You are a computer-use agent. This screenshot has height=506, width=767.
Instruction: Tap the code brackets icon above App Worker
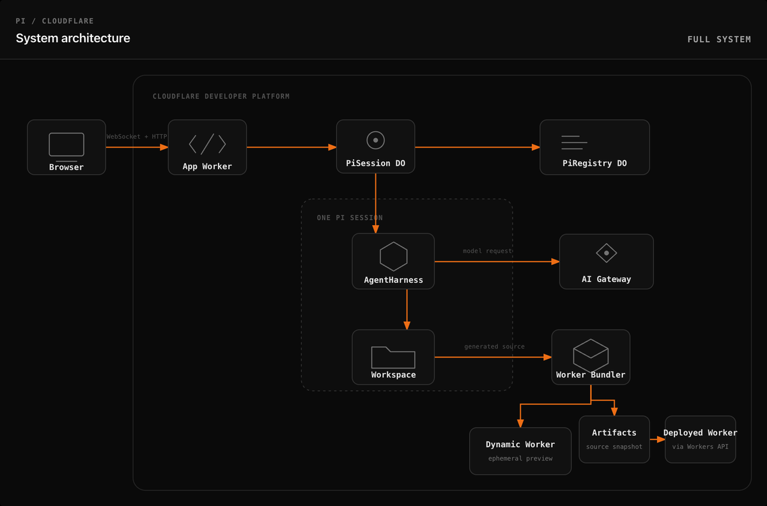click(x=207, y=144)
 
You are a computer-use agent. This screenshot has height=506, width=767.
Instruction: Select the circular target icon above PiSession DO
click(x=376, y=140)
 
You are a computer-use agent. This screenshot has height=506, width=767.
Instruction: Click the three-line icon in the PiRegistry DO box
click(x=574, y=143)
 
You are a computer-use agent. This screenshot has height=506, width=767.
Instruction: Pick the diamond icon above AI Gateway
click(x=607, y=253)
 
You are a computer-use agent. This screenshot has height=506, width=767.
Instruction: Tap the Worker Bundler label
click(x=591, y=375)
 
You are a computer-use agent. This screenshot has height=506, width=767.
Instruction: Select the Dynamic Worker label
click(x=520, y=445)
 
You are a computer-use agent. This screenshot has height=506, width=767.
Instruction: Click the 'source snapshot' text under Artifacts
click(x=614, y=447)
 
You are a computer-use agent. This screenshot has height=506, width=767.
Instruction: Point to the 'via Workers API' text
click(x=701, y=447)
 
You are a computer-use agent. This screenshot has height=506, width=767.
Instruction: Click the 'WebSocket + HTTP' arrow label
click(x=137, y=136)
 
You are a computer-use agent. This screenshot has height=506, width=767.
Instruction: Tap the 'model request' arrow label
click(x=488, y=251)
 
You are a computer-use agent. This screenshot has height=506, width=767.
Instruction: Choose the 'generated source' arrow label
click(x=494, y=346)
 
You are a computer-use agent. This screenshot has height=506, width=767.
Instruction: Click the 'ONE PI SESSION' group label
click(x=350, y=217)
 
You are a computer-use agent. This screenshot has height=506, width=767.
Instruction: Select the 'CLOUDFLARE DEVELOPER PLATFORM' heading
click(x=221, y=96)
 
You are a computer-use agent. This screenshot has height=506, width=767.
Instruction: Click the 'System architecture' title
click(x=73, y=38)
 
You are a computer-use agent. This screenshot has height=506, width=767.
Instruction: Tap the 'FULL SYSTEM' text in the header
click(x=719, y=40)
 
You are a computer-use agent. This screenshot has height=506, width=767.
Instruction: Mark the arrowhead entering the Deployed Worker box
click(x=661, y=439)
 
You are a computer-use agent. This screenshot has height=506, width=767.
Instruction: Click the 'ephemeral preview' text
click(x=520, y=459)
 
